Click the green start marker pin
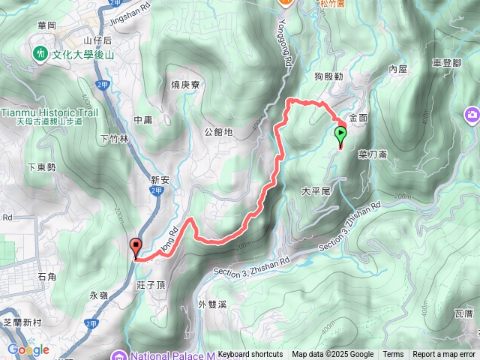(341, 135)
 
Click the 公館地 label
(218, 131)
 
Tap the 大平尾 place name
(316, 191)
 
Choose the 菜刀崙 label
(372, 153)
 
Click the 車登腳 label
(447, 64)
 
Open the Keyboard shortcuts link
(250, 355)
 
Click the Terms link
(393, 355)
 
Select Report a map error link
(445, 355)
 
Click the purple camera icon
(472, 114)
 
